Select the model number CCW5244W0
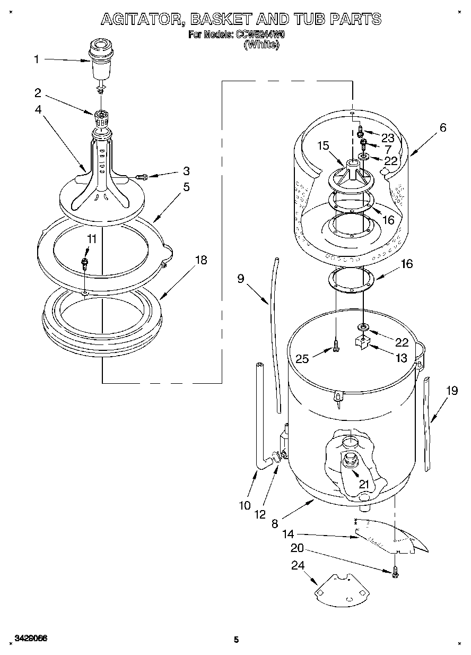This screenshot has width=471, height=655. (259, 36)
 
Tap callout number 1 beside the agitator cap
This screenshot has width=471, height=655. (37, 59)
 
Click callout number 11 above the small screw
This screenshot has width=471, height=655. (92, 239)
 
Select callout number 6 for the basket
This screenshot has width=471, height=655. (443, 127)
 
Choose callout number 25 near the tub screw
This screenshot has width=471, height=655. (302, 359)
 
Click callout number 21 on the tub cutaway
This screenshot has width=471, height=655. (363, 484)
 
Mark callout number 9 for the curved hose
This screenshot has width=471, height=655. (241, 278)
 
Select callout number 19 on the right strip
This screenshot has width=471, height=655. (451, 391)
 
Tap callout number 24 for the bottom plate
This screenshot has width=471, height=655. (298, 566)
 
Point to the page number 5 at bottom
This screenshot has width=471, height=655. (237, 640)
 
